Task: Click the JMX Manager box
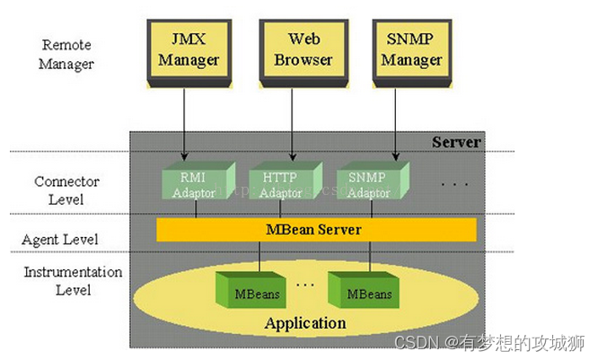(195, 51)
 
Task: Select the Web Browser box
(310, 51)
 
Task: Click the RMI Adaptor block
(195, 184)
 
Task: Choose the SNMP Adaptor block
(368, 184)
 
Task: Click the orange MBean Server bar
(315, 230)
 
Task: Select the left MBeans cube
(258, 293)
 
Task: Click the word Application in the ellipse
(305, 323)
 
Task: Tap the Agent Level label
(60, 240)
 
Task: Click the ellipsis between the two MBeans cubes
(304, 284)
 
